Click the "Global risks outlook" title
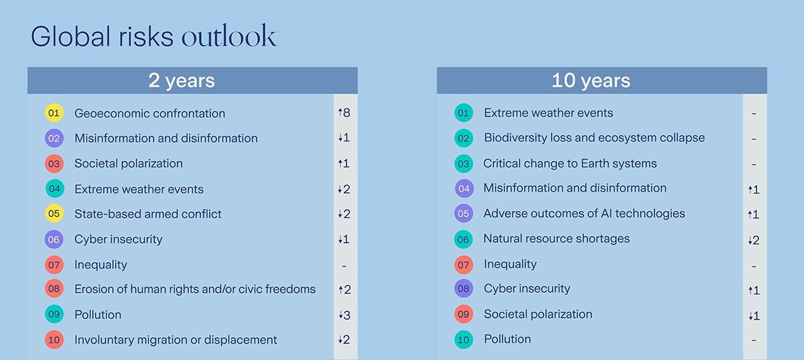(153, 36)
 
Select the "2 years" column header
(182, 80)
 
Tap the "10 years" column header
(591, 80)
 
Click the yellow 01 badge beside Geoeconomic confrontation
(54, 113)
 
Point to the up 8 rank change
(344, 113)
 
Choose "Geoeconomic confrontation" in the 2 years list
(149, 113)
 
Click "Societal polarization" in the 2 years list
(129, 164)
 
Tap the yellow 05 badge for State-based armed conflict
(54, 213)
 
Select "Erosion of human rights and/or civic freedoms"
(195, 289)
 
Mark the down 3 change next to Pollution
(344, 315)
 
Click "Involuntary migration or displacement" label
(176, 340)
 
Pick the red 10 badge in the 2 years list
(54, 339)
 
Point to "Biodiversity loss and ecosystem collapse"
(594, 138)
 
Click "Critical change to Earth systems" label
(570, 164)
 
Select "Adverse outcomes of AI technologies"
(584, 214)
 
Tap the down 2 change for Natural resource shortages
(753, 240)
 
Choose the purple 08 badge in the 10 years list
(464, 288)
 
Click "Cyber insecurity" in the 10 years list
(527, 289)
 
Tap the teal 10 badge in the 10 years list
(464, 339)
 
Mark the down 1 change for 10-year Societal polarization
(753, 316)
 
